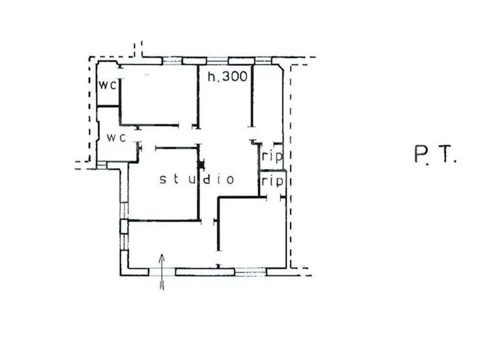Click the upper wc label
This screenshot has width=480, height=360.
107,85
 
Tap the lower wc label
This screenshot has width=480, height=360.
116,138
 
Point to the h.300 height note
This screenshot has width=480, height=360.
227,76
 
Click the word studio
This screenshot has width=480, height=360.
197,180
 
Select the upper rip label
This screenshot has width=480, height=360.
273,156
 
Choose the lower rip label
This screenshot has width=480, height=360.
273,181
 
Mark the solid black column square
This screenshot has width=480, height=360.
201,165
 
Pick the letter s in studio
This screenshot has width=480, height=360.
163,180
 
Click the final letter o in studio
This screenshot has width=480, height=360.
230,180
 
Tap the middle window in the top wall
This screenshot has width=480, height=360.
217,61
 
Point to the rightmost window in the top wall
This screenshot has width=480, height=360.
263,61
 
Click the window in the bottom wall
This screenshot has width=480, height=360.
250,272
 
